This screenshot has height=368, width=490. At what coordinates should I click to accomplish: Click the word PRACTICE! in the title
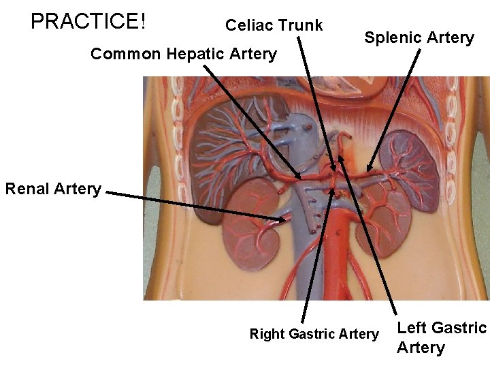coord(88,21)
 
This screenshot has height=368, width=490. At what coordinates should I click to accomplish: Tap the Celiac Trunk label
coord(274,26)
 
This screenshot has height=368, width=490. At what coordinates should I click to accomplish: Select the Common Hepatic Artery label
coord(184,54)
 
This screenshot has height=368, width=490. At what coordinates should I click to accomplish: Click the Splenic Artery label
coord(419,38)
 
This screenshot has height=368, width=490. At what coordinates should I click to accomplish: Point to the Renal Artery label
coord(53,189)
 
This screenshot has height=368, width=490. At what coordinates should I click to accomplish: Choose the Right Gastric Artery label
coord(314,334)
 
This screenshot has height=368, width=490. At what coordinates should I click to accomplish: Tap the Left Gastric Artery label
coord(441,337)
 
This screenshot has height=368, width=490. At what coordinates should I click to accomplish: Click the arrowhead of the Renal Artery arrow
coord(287,219)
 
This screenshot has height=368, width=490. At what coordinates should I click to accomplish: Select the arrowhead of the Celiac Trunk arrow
coord(333,170)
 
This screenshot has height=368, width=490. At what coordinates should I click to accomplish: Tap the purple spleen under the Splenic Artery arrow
coord(412,164)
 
